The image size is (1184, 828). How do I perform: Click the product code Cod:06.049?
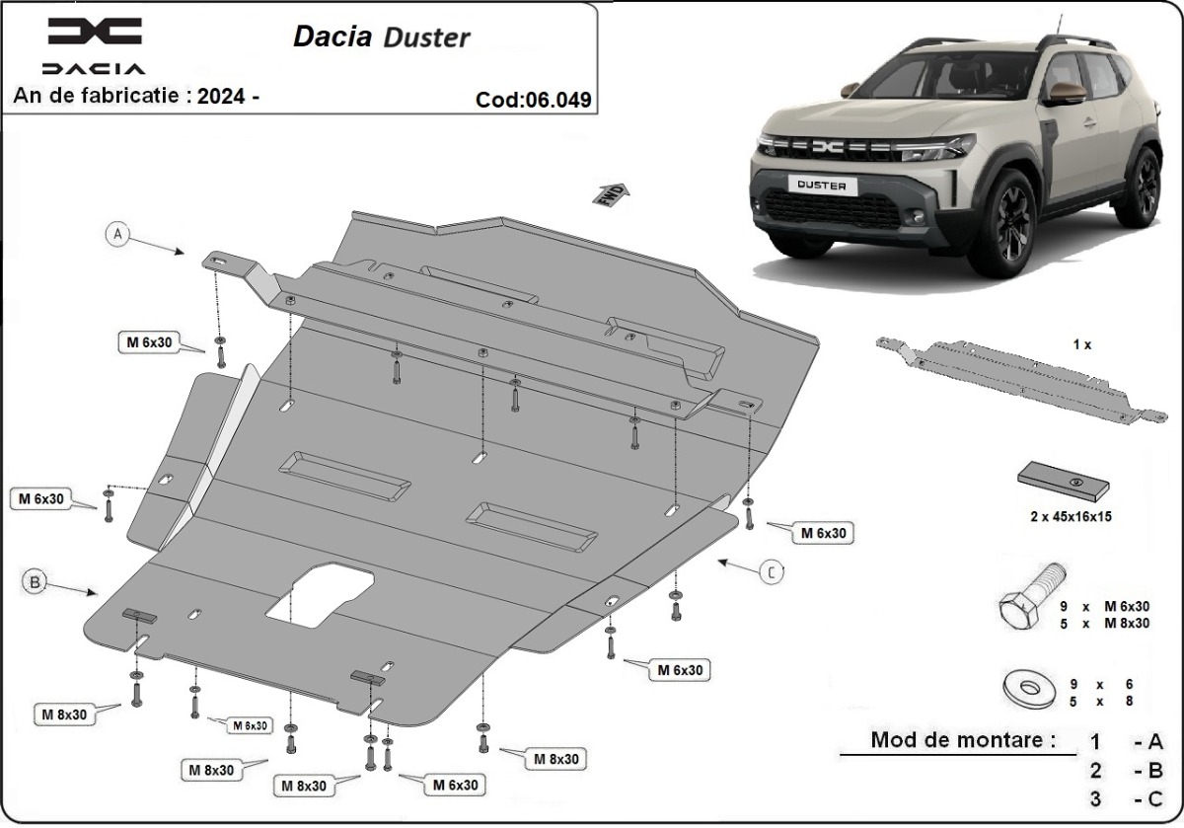[533, 99]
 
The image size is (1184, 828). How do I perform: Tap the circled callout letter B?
[35, 584]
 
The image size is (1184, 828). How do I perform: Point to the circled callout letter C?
[772, 570]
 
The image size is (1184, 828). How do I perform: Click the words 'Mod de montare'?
[962, 739]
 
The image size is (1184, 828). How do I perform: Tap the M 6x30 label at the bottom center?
[455, 786]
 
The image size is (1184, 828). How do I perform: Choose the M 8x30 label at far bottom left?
[64, 713]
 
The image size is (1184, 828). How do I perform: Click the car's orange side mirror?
[1066, 93]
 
